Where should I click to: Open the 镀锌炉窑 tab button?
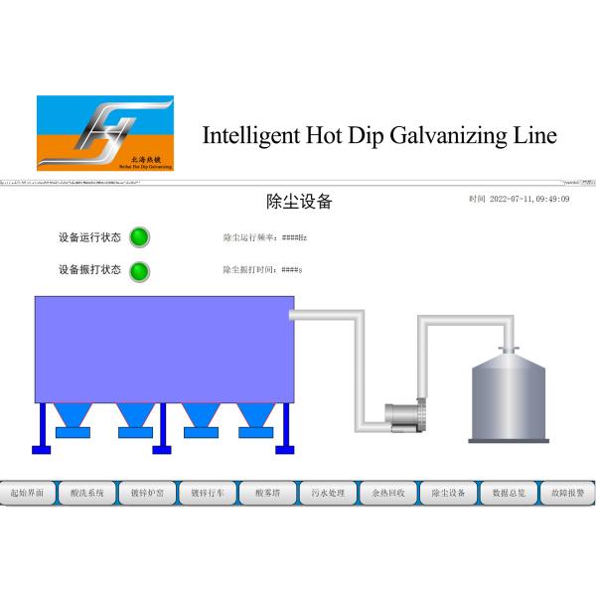(147, 492)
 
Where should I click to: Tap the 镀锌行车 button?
(208, 492)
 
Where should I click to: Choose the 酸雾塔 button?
(268, 492)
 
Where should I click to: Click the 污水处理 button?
(328, 492)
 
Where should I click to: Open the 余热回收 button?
(387, 492)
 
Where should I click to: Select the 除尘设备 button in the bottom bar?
(448, 492)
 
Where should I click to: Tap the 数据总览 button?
(509, 492)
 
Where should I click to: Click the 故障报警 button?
(567, 492)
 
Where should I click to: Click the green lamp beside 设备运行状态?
(140, 237)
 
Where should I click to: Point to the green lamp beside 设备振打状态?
(140, 270)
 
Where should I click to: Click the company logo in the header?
(104, 133)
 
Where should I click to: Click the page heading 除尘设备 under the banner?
(299, 202)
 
